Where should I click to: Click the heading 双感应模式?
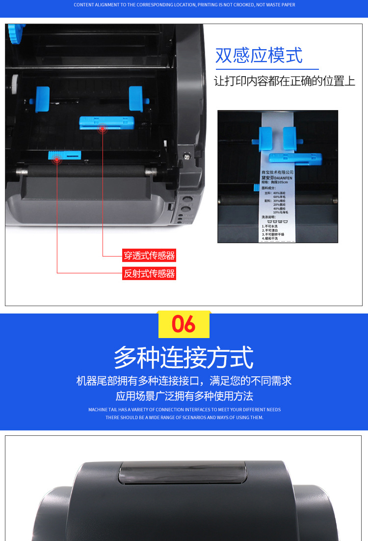pos(259,56)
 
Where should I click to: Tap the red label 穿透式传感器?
pos(149,256)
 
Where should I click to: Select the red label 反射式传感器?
pos(149,274)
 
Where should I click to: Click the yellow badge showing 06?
pos(184,324)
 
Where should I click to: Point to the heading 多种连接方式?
pos(184,357)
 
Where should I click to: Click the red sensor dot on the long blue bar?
pos(102,129)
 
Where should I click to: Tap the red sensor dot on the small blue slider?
pos(57,159)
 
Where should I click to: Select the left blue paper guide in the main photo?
pos(42,99)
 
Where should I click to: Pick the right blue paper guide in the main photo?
pos(136,98)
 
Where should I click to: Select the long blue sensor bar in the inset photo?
pos(295,159)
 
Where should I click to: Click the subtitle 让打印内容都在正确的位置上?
pos(285,82)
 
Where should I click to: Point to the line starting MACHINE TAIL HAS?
pos(184,409)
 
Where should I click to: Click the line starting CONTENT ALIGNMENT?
pos(184,5)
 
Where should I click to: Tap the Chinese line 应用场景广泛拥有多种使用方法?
pos(184,396)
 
